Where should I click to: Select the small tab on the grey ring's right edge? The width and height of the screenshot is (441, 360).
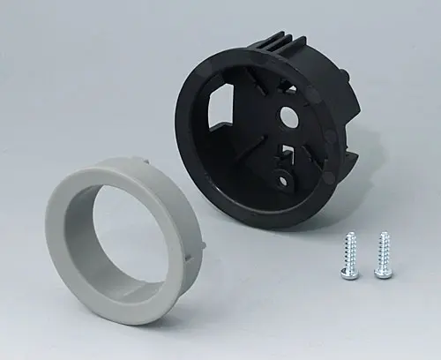(x=200, y=237)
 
